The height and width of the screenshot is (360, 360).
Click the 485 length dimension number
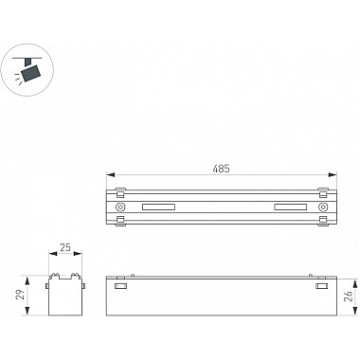[221, 169]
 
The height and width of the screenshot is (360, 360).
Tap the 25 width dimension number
[65, 247]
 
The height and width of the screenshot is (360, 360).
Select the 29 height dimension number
[20, 295]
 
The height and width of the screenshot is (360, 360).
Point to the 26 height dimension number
[349, 297]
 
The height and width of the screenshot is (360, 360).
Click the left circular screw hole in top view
[120, 207]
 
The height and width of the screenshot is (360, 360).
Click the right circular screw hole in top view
[323, 207]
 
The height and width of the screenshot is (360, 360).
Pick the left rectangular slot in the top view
[158, 207]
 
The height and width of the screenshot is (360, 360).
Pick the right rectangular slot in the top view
[291, 207]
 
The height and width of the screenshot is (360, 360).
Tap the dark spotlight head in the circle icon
[31, 73]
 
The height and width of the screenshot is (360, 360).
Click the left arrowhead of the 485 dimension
[110, 174]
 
